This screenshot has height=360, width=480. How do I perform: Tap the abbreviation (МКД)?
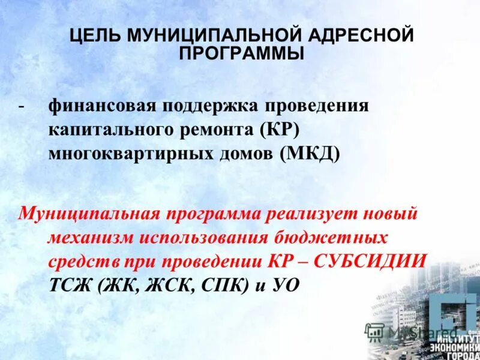[x=310, y=154]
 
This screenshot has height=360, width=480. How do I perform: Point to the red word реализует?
[x=310, y=214]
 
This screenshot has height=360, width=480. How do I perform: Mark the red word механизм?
[x=89, y=238]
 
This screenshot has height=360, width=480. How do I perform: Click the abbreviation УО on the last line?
[x=284, y=285]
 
